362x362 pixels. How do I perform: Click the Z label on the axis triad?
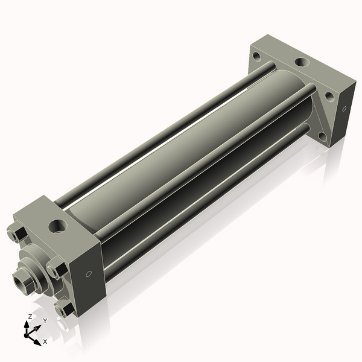[30, 316]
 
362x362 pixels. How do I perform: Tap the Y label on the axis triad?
[44, 320]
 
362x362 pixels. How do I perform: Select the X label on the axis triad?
[45, 341]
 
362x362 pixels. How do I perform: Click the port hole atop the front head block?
[58, 226]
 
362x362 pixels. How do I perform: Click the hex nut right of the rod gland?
[57, 268]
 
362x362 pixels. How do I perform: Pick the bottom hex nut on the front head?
[63, 308]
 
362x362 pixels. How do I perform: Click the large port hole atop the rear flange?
[300, 62]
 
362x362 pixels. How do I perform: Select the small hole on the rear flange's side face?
[345, 109]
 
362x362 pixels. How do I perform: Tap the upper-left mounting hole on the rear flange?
[256, 57]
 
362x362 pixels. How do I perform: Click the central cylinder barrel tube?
[181, 151]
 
